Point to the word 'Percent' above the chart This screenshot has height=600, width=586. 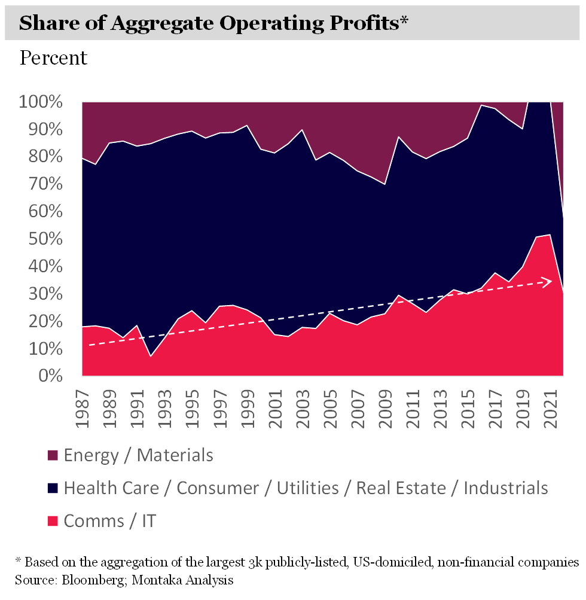coord(53,58)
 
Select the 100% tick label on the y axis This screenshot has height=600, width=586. coord(41,102)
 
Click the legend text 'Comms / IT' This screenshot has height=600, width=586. coord(109,521)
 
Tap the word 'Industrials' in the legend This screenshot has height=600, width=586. coord(506,488)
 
